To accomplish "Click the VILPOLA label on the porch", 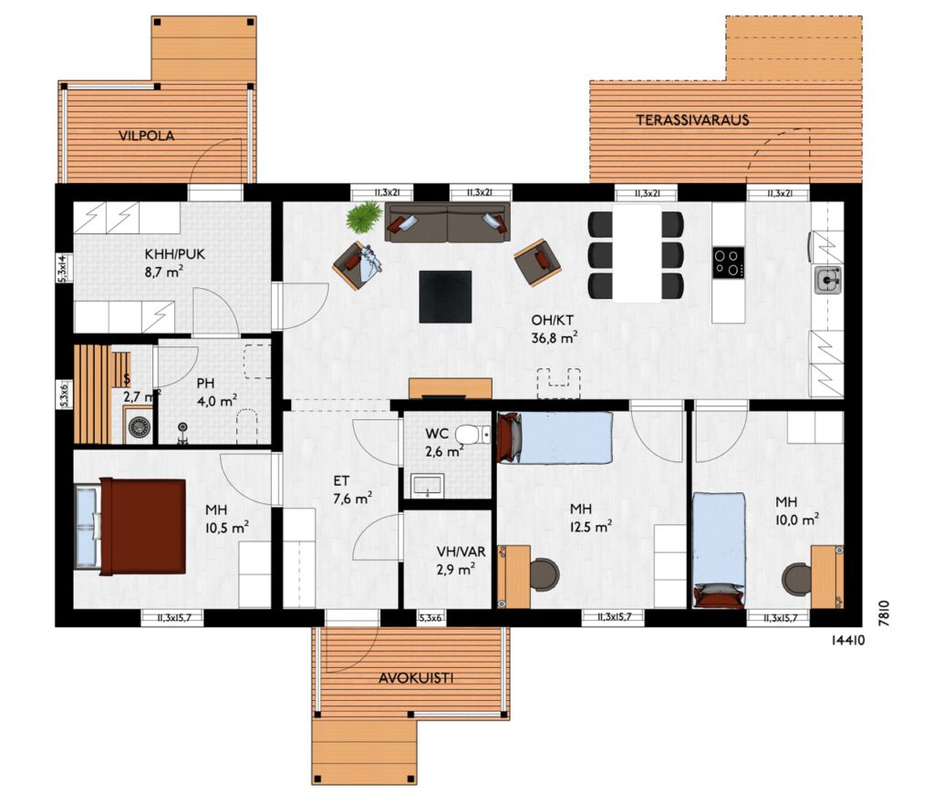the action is (147, 136).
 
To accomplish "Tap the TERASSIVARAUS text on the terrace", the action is (692, 119).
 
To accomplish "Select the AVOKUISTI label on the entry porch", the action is (416, 678).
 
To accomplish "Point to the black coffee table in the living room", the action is (445, 296).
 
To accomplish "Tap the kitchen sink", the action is (828, 280).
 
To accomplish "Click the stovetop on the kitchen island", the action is (729, 262).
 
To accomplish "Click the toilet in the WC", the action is (473, 435).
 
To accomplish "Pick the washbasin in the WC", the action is (427, 485).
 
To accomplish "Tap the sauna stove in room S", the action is (140, 427).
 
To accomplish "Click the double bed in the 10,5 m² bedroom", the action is (130, 526).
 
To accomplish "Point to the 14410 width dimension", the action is (847, 641).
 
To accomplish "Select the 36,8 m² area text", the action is (554, 338).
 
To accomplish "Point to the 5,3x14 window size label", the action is (63, 268).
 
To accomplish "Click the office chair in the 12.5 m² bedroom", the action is (543, 574).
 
